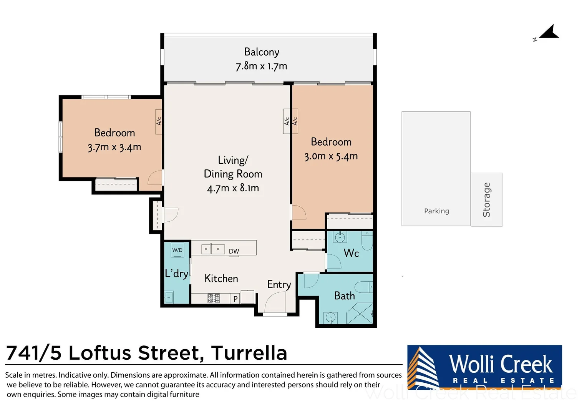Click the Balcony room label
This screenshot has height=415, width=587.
click(x=262, y=52)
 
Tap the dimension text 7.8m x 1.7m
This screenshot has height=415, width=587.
click(x=261, y=66)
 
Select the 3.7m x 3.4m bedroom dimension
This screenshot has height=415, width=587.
click(x=114, y=147)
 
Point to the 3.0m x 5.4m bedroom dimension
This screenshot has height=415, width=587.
click(x=331, y=156)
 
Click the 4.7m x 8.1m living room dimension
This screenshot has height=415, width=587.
click(x=233, y=188)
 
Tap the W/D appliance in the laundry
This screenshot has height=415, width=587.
click(x=177, y=250)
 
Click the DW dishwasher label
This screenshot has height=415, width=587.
click(x=234, y=251)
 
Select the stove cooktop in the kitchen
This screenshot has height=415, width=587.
click(x=214, y=298)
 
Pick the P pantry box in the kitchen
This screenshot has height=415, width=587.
click(x=235, y=299)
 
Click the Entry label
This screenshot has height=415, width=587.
click(x=279, y=285)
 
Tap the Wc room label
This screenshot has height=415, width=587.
click(x=351, y=253)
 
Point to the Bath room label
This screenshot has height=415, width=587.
click(x=344, y=296)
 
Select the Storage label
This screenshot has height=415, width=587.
click(x=487, y=199)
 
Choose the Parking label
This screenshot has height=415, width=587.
click(x=436, y=211)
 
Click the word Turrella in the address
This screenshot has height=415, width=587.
click(x=249, y=353)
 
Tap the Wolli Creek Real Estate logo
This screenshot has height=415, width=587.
click(x=484, y=368)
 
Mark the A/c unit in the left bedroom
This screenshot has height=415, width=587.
click(x=159, y=122)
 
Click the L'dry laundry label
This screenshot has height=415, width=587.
click(x=176, y=274)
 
